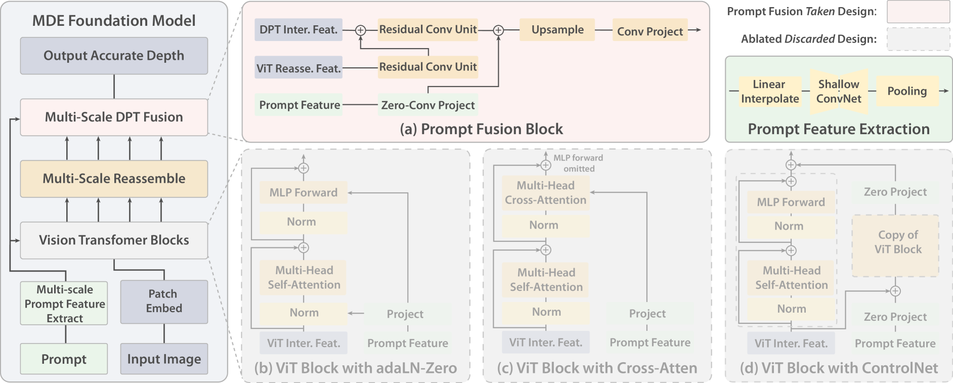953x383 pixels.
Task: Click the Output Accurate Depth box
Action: [x=114, y=56]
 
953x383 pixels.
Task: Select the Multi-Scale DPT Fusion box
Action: [x=114, y=117]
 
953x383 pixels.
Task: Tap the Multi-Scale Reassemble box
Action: [x=114, y=179]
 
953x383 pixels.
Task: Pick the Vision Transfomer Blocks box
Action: [x=114, y=240]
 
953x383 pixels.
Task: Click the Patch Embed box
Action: [x=164, y=302]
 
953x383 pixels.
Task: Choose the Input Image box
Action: [x=164, y=359]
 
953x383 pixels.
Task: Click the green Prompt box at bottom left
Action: [x=64, y=359]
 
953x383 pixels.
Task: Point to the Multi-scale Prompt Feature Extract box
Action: [x=64, y=304]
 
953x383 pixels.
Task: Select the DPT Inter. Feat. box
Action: [x=298, y=30]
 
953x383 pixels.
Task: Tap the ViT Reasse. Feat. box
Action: [x=298, y=68]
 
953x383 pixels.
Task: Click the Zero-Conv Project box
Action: [x=428, y=105]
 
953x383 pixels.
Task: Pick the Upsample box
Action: [x=557, y=30]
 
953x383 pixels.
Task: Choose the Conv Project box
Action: [x=650, y=31]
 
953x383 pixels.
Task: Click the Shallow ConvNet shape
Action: [x=838, y=92]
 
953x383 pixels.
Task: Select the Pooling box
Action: [x=907, y=91]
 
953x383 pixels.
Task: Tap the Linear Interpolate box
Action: [x=770, y=92]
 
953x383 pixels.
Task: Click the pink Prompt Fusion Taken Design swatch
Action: [x=918, y=12]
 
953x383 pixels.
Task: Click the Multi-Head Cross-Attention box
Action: [x=545, y=193]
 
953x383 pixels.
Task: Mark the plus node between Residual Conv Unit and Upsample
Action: [x=498, y=30]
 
